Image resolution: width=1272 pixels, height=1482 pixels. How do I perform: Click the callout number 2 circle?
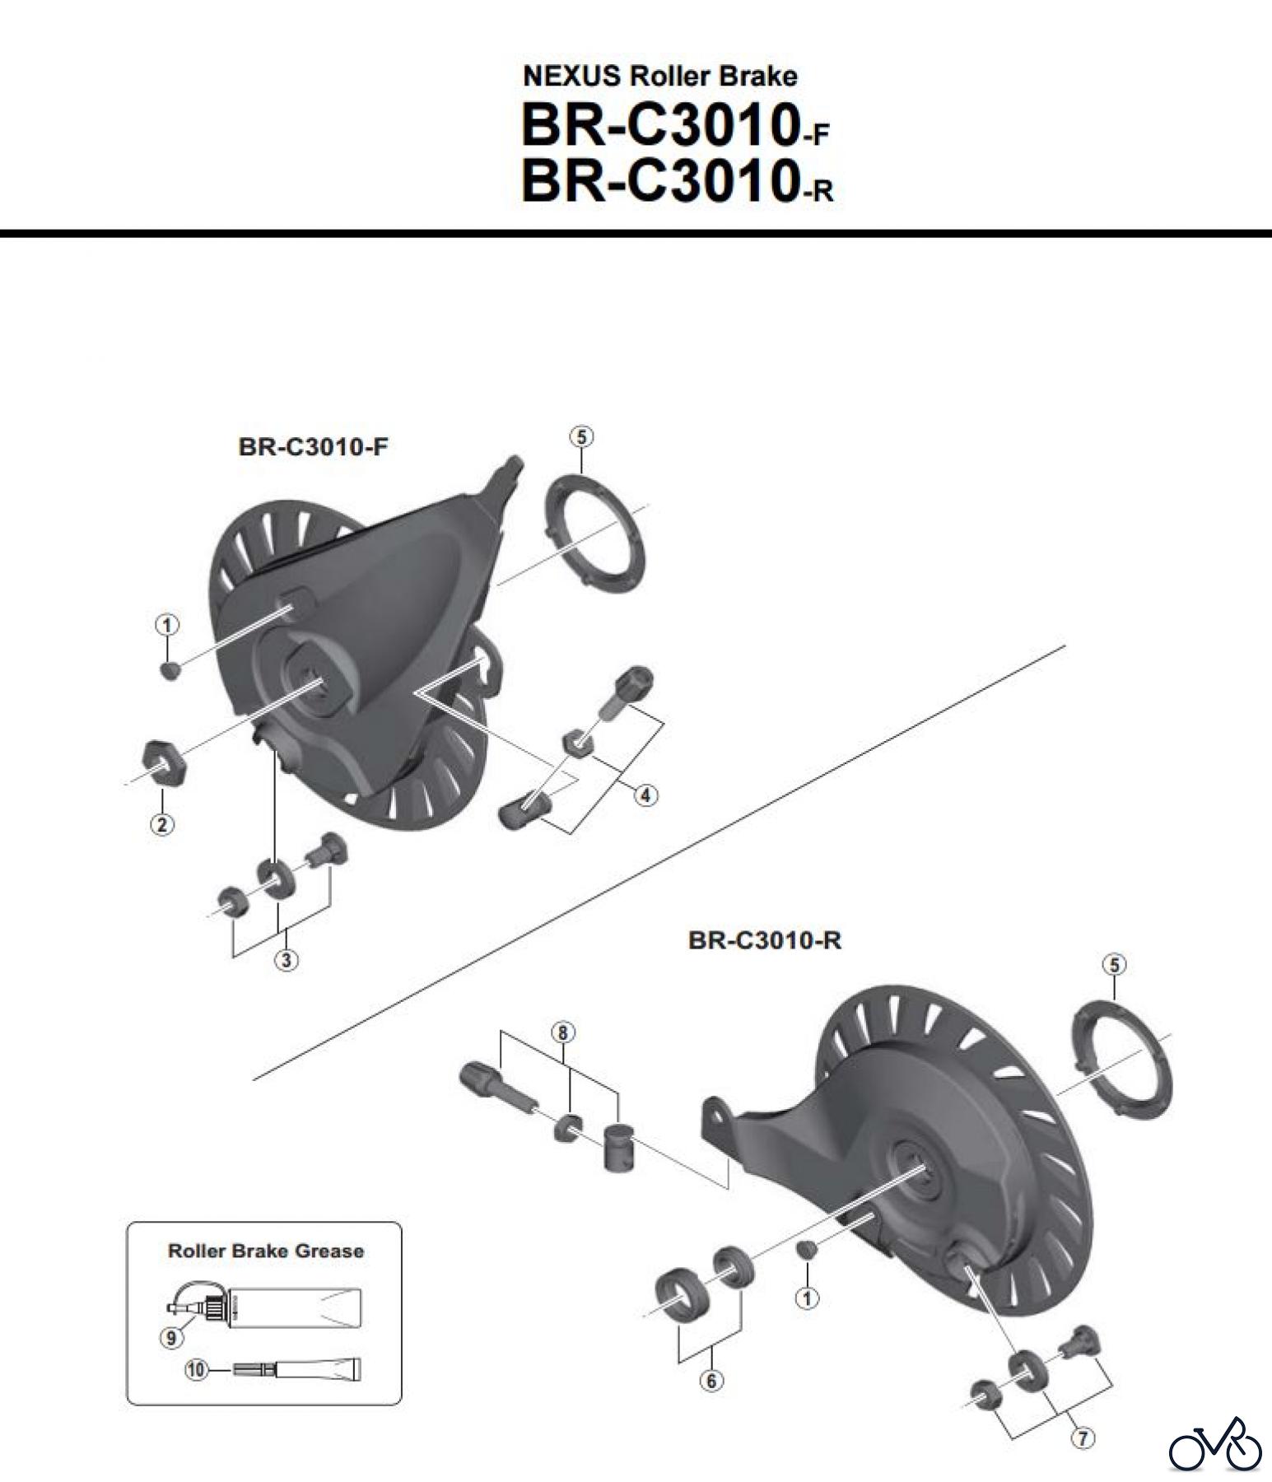click(x=162, y=824)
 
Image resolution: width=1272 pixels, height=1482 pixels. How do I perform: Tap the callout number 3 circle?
click(x=287, y=960)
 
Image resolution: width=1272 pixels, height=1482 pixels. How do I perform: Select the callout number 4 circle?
click(x=645, y=795)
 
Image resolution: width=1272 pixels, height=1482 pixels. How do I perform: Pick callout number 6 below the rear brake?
click(x=711, y=1381)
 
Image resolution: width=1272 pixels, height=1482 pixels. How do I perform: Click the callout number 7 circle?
click(x=1082, y=1438)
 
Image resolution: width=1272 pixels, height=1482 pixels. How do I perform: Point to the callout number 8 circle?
click(x=563, y=1032)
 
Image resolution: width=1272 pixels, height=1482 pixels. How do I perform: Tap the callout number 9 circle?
click(x=170, y=1338)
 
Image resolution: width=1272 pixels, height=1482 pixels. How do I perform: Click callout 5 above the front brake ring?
click(x=581, y=437)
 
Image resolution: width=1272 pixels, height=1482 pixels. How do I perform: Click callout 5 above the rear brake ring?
click(x=1114, y=965)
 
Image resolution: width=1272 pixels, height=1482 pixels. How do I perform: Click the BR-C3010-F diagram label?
click(x=313, y=447)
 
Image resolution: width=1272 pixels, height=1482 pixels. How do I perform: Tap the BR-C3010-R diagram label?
click(x=764, y=940)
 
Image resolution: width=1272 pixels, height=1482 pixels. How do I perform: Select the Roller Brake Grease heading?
click(x=265, y=1251)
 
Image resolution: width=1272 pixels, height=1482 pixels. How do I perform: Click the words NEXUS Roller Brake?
click(x=659, y=77)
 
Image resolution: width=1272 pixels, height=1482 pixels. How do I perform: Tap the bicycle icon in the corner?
click(x=1215, y=1445)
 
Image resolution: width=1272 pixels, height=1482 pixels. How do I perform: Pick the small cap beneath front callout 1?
click(x=168, y=669)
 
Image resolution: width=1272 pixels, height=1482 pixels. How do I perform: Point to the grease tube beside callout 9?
click(x=280, y=1303)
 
